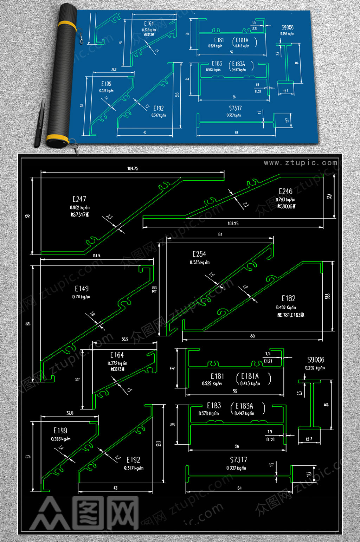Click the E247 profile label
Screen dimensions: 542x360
click(x=79, y=199)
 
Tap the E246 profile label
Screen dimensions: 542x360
click(x=285, y=191)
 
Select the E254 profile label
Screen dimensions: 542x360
click(x=199, y=254)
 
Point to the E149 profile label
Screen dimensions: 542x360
click(x=82, y=289)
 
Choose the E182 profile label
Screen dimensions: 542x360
click(x=288, y=298)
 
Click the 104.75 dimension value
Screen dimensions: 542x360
click(x=133, y=169)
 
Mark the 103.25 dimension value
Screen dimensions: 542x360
click(x=233, y=224)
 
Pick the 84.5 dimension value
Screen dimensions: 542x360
click(x=97, y=256)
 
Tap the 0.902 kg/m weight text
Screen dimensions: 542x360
click(x=80, y=208)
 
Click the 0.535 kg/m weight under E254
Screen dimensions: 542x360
click(x=200, y=262)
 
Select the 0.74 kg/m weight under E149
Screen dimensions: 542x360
click(x=81, y=297)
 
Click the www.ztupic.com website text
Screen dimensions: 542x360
click(x=301, y=163)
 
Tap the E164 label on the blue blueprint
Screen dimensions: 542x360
click(x=149, y=24)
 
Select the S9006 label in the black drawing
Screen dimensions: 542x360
click(x=316, y=360)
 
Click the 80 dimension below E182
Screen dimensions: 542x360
click(x=252, y=336)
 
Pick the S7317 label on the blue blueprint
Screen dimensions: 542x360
click(x=235, y=108)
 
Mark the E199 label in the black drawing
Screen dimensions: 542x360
click(x=60, y=431)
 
